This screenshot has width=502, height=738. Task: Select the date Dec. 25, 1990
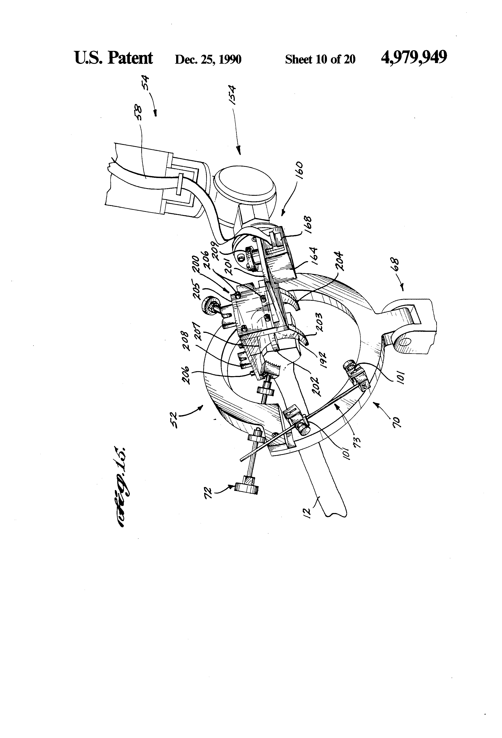[x=208, y=59]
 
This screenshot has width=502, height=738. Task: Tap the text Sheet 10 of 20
[x=320, y=59]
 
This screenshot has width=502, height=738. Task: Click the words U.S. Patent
[x=113, y=58]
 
